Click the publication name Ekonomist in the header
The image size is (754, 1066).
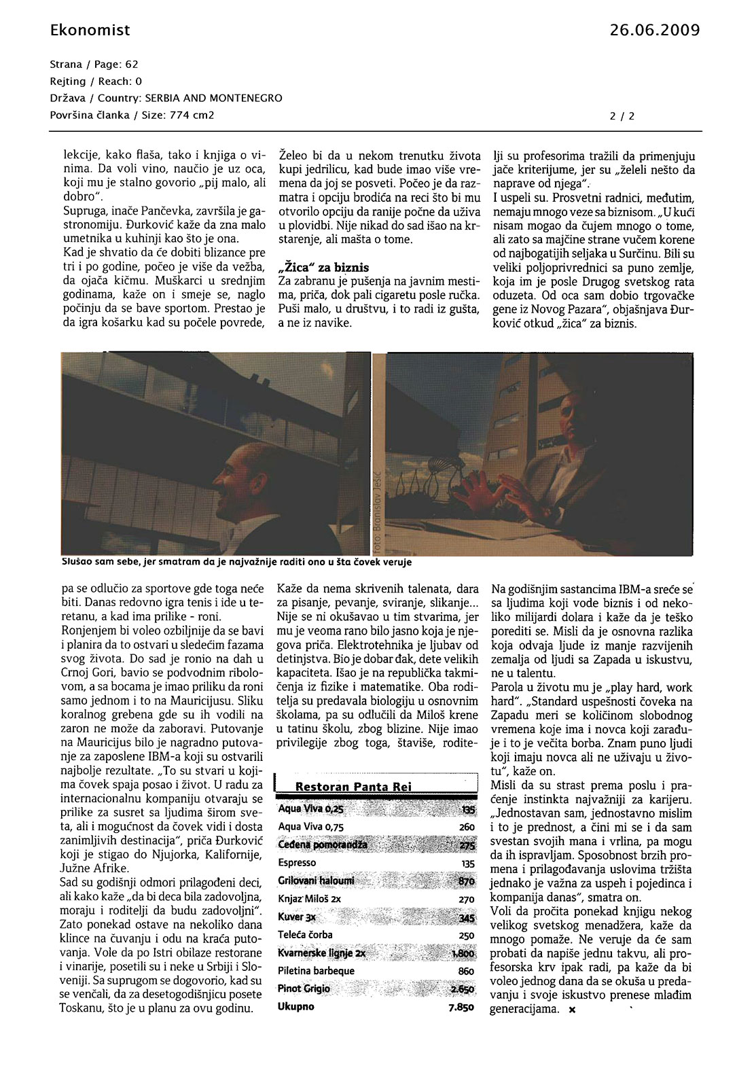pyautogui.click(x=90, y=30)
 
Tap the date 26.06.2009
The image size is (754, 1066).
pyautogui.click(x=654, y=30)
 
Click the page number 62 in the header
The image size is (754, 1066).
pyautogui.click(x=131, y=65)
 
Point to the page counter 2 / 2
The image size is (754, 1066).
pyautogui.click(x=622, y=116)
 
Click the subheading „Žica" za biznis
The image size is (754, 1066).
pyautogui.click(x=324, y=267)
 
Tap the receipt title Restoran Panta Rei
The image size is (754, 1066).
pyautogui.click(x=353, y=786)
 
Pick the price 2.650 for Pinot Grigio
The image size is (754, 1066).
pyautogui.click(x=462, y=989)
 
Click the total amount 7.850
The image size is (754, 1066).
pyautogui.click(x=461, y=1007)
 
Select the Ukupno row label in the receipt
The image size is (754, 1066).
pyautogui.click(x=296, y=1006)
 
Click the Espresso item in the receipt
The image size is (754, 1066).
pyautogui.click(x=297, y=862)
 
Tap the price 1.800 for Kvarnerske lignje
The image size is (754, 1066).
pyautogui.click(x=462, y=954)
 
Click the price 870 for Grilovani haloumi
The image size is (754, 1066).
pyautogui.click(x=466, y=881)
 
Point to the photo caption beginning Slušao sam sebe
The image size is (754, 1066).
pyautogui.click(x=236, y=562)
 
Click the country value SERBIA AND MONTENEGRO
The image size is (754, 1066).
pyautogui.click(x=214, y=98)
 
